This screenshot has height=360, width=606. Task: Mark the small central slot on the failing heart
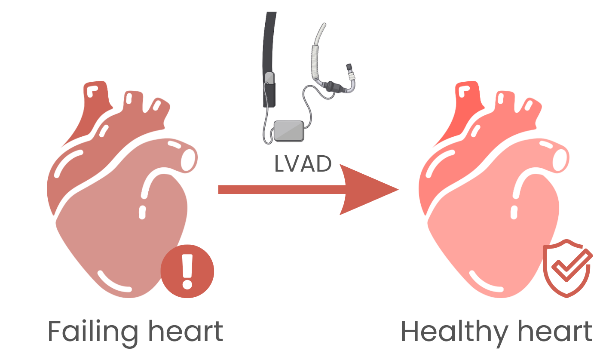tap(142, 212)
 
